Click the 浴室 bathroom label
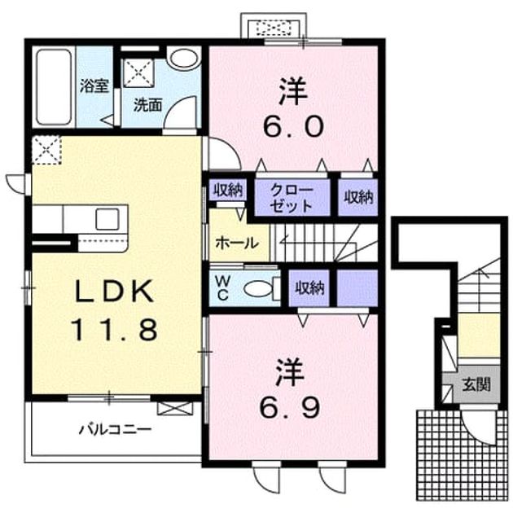click(94, 85)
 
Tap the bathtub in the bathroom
click(54, 86)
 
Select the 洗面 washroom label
click(148, 105)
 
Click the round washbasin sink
click(185, 59)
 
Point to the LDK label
click(115, 291)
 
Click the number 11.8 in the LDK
click(115, 330)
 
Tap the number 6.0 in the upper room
click(293, 127)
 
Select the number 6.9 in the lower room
click(290, 407)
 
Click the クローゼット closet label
click(292, 198)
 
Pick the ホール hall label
click(238, 243)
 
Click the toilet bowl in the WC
click(258, 289)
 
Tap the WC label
click(222, 287)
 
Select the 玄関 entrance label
click(476, 384)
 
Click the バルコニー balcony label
click(115, 429)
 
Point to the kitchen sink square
click(107, 219)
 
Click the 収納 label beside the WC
click(309, 288)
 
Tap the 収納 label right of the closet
click(358, 197)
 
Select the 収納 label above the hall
click(228, 190)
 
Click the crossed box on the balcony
click(175, 408)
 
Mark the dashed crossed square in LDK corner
click(46, 150)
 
